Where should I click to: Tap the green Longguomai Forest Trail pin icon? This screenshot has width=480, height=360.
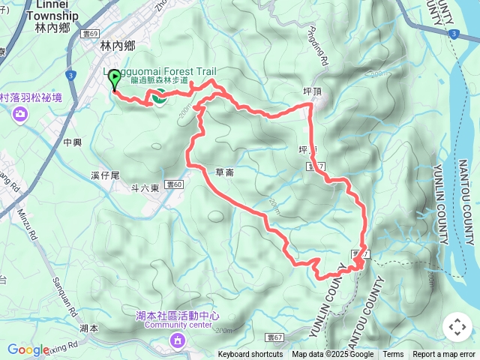(159, 97)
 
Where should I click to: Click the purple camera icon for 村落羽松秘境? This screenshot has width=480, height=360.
(19, 113)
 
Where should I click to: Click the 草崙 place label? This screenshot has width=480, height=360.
(224, 172)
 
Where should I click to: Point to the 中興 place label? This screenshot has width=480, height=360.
(73, 142)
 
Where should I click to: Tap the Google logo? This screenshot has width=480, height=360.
(28, 350)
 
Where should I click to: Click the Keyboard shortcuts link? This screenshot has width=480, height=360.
(250, 355)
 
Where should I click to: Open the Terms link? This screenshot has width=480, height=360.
(393, 355)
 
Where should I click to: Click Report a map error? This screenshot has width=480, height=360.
(444, 355)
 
